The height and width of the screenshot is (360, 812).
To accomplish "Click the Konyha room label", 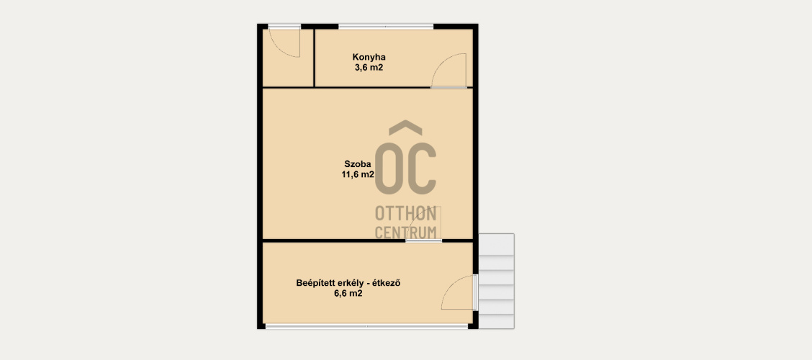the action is pos(369,57).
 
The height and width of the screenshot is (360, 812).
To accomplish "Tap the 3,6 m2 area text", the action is pos(369,68).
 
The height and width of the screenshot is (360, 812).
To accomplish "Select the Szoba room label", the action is pos(357,164).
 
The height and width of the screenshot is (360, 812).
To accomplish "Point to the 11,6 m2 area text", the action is pos(357,174).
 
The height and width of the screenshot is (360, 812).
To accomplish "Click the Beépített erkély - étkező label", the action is pos(350,284).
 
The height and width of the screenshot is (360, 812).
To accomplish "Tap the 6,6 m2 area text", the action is pos(348,294).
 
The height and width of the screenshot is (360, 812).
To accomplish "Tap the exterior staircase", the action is pos(496,281).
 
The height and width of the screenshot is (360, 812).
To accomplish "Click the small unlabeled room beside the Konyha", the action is pos(288,58).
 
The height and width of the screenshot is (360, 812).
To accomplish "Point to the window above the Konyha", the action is pos(386,27).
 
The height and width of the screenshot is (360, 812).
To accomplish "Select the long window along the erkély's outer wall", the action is pos(366,326).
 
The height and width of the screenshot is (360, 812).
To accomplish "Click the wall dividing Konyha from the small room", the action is pos(315,58).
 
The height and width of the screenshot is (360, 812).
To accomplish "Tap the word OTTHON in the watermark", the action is pos(405,213).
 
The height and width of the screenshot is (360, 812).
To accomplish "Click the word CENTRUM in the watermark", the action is pos(405,233).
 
